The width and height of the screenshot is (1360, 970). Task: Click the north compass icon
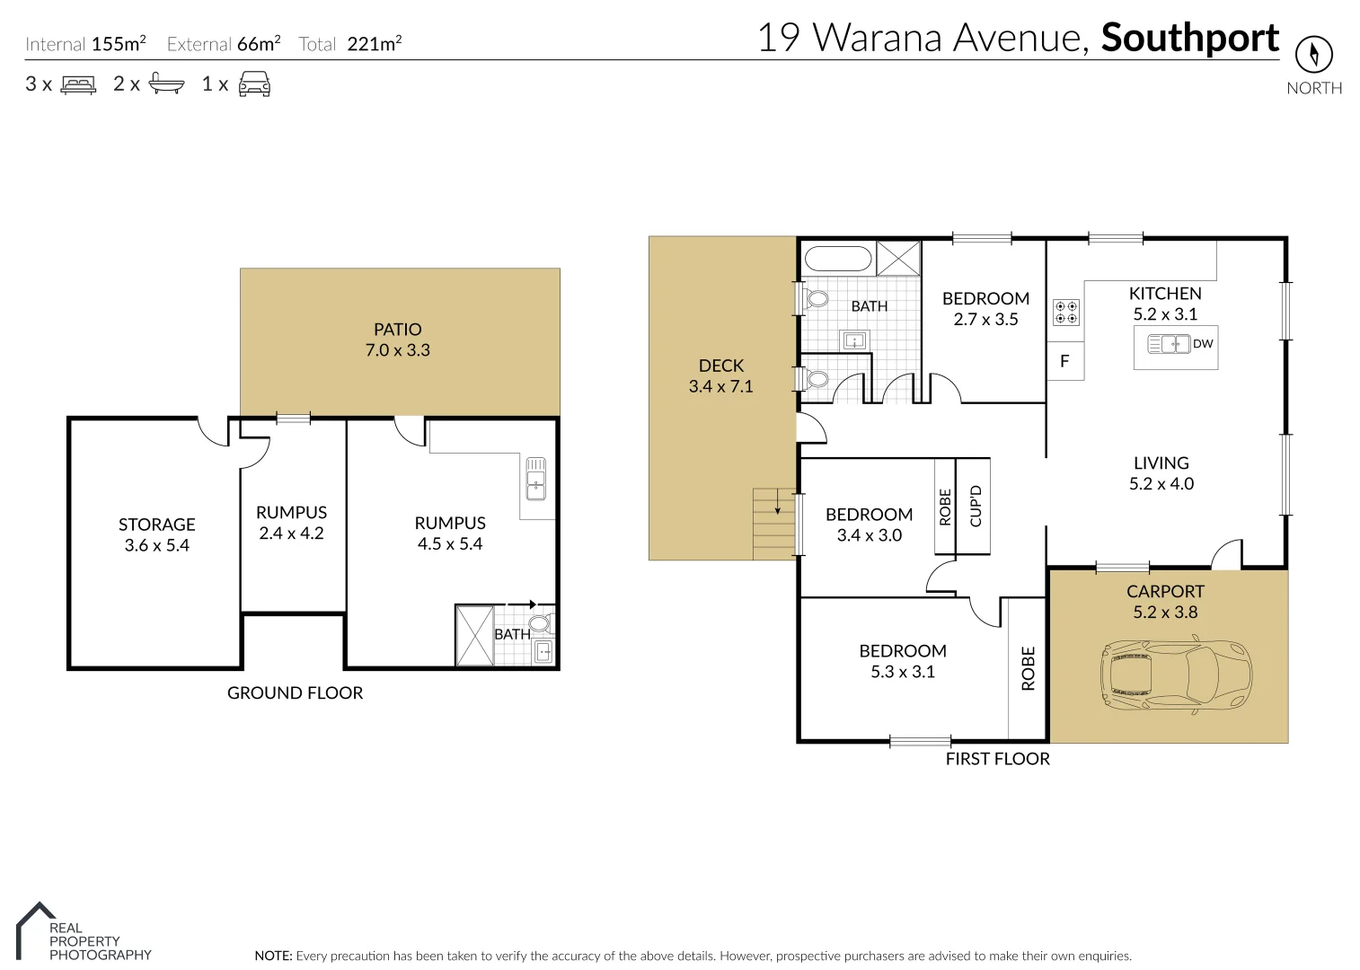coord(1313,55)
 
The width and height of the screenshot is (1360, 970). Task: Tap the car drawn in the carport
coord(1174,676)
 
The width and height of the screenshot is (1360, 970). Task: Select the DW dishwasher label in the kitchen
coord(1203,344)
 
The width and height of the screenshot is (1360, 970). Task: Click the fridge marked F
coord(1065,361)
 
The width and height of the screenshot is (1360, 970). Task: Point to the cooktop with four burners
coord(1066,312)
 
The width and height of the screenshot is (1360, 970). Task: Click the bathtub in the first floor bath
coord(838,260)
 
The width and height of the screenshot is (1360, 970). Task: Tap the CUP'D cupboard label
coord(976,506)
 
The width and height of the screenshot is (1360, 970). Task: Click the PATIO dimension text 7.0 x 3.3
coord(397,350)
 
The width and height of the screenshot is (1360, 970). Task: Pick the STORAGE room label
coord(156,525)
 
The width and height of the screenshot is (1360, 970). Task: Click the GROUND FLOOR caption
coord(295,692)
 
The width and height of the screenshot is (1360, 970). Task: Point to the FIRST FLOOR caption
coord(997,759)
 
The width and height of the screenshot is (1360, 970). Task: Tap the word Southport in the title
coord(1189,38)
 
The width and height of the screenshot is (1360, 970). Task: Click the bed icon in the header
coord(78,84)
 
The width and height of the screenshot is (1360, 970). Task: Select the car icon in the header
coord(254,84)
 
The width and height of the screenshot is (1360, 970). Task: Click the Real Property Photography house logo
coord(32,930)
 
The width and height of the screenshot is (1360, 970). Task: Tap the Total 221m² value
coord(374,44)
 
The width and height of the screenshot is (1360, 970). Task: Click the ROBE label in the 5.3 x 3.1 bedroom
coord(1029,668)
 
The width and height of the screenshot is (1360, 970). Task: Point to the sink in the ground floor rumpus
coord(535,478)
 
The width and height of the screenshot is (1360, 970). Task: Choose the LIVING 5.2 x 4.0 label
coord(1161,473)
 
